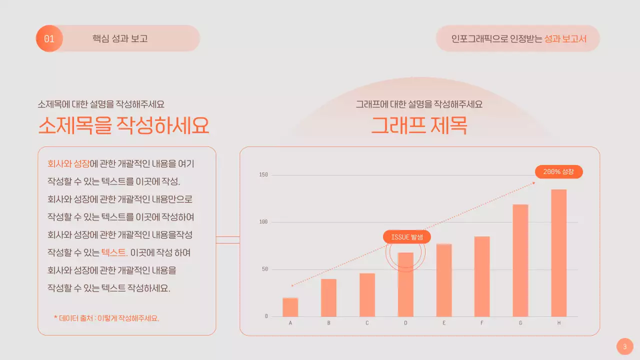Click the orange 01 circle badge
pyautogui.click(x=49, y=38)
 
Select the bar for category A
pyautogui.click(x=290, y=307)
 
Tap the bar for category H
pyautogui.click(x=558, y=252)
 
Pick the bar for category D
pyautogui.click(x=405, y=284)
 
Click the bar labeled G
pyautogui.click(x=520, y=260)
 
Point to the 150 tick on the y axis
pyautogui.click(x=263, y=174)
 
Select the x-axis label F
pyautogui.click(x=482, y=323)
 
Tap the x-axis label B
pyautogui.click(x=328, y=323)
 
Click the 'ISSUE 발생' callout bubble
pyautogui.click(x=407, y=237)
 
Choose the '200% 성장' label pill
pyautogui.click(x=558, y=171)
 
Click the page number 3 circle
pyautogui.click(x=624, y=346)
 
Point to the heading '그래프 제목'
pyautogui.click(x=419, y=125)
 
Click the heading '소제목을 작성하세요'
pyautogui.click(x=123, y=125)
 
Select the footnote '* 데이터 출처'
pyautogui.click(x=106, y=318)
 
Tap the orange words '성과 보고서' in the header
pyautogui.click(x=565, y=38)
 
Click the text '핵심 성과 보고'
pyautogui.click(x=120, y=38)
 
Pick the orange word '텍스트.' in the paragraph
pyautogui.click(x=114, y=252)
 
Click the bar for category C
pyautogui.click(x=367, y=294)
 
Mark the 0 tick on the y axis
pyautogui.click(x=266, y=316)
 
